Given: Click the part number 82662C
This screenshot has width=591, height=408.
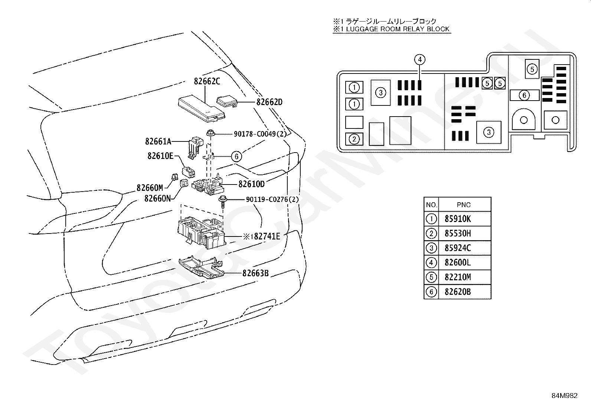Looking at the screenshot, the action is pyautogui.click(x=207, y=81).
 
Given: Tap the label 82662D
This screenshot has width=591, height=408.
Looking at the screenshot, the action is pyautogui.click(x=270, y=102).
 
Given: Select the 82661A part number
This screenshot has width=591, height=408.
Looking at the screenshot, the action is pyautogui.click(x=158, y=141).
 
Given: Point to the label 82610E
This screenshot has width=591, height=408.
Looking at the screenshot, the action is pyautogui.click(x=160, y=156).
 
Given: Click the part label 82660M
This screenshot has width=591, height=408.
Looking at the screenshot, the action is pyautogui.click(x=150, y=188).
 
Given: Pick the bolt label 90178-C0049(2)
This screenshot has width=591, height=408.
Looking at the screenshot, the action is pyautogui.click(x=260, y=134).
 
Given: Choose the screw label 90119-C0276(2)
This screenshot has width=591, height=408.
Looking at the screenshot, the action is pyautogui.click(x=272, y=199).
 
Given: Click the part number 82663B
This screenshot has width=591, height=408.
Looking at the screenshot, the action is pyautogui.click(x=255, y=273).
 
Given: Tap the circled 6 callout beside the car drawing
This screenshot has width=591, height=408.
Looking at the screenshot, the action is pyautogui.click(x=236, y=157).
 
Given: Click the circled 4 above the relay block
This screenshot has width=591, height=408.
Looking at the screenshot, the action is pyautogui.click(x=420, y=60).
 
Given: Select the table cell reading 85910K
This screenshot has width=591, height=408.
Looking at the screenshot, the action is pyautogui.click(x=458, y=219).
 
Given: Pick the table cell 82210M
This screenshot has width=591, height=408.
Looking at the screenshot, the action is pyautogui.click(x=458, y=277).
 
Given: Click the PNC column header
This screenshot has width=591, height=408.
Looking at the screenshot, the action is pyautogui.click(x=464, y=205).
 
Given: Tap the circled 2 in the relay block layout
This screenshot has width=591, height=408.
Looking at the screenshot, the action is pyautogui.click(x=354, y=139).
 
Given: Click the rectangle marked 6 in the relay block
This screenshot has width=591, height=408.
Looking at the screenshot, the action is pyautogui.click(x=524, y=95).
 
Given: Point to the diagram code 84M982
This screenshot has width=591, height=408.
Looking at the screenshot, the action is pyautogui.click(x=564, y=396).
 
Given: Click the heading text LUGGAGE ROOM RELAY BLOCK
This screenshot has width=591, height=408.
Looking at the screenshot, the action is pyautogui.click(x=398, y=29).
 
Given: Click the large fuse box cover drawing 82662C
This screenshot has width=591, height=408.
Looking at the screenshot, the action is pyautogui.click(x=202, y=109).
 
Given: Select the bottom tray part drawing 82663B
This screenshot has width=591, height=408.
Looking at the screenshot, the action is pyautogui.click(x=202, y=267).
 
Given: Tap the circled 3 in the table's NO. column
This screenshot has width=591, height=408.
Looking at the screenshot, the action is pyautogui.click(x=431, y=248).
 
